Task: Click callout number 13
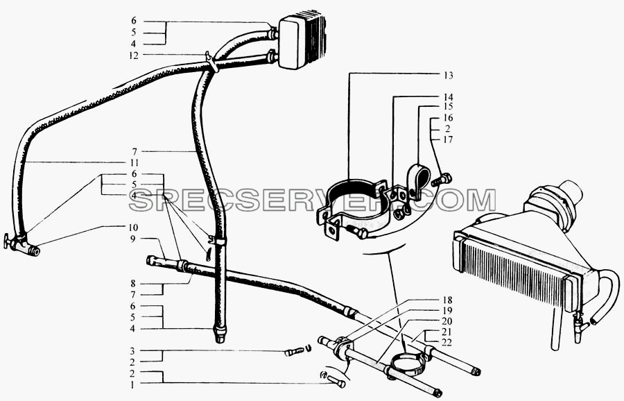click(x=448, y=75)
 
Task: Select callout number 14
click(x=448, y=97)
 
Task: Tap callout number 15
click(x=448, y=107)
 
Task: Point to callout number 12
click(x=134, y=56)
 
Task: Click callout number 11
click(x=134, y=163)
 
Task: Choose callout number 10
click(x=133, y=228)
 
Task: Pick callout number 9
click(x=133, y=239)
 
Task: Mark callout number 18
click(x=447, y=300)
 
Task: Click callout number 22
click(x=447, y=343)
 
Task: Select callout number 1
click(x=133, y=385)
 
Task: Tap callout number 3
click(x=133, y=352)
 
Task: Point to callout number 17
click(x=448, y=139)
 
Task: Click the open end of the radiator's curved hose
click(x=595, y=321)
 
